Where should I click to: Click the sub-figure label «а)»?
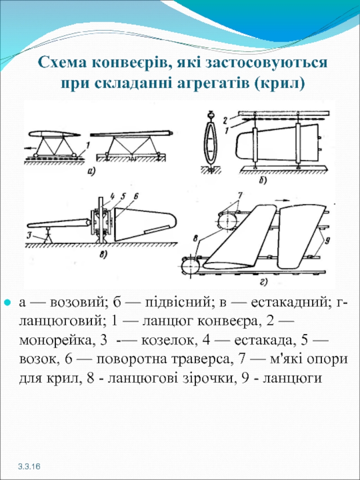92,170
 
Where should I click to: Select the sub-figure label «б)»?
262,181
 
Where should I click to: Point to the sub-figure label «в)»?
103,255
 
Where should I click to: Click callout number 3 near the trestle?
29,235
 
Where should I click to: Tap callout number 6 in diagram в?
136,197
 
